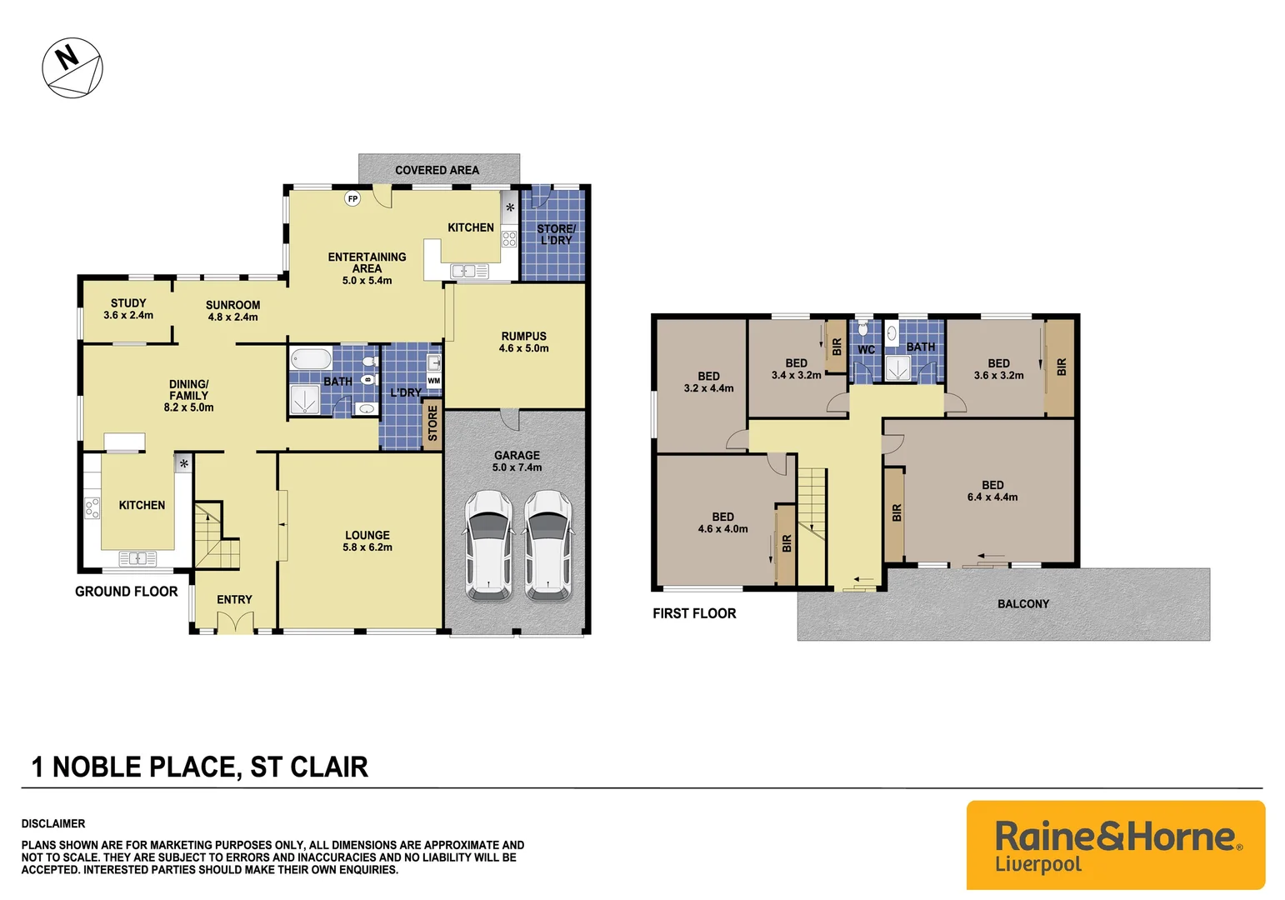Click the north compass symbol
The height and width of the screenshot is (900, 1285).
click(72, 67)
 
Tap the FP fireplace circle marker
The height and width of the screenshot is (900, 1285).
click(352, 199)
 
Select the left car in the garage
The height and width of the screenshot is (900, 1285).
click(488, 545)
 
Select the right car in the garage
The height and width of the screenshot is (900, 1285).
click(547, 545)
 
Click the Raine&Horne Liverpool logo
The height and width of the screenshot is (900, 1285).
click(1115, 845)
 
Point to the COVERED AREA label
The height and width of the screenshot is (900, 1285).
click(437, 170)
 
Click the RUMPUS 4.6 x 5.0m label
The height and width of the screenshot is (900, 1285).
click(523, 342)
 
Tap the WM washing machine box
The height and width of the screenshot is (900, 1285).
click(433, 381)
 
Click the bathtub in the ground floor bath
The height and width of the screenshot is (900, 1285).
click(311, 359)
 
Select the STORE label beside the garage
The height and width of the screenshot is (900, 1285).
click(432, 424)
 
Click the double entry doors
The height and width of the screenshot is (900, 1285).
click(234, 622)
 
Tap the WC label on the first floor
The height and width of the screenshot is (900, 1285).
click(866, 350)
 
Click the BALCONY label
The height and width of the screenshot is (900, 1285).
click(1022, 604)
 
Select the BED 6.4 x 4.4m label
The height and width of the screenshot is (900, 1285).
click(992, 491)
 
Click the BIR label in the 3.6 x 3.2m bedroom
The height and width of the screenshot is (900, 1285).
click(1061, 367)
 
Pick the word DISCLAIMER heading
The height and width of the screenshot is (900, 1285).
click(53, 823)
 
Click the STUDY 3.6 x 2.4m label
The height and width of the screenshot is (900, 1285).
click(128, 309)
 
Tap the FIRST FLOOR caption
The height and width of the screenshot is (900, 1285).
click(694, 613)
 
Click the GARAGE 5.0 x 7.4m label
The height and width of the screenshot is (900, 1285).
click(517, 461)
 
